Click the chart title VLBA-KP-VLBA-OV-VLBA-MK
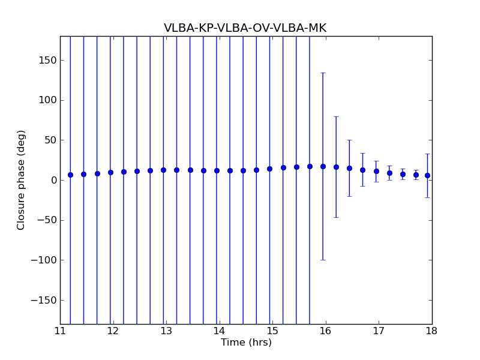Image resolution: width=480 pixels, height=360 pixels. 245,28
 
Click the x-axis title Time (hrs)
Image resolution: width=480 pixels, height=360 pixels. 246,343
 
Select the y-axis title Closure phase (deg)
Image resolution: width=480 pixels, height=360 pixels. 22,180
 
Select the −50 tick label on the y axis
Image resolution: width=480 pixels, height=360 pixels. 47,220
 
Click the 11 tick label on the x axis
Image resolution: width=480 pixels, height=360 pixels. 60,331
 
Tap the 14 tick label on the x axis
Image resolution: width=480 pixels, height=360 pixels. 219,331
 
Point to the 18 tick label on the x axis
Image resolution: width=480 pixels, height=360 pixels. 431,331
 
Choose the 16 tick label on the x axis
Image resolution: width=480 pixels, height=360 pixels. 325,331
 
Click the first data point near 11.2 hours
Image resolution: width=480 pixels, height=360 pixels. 70,175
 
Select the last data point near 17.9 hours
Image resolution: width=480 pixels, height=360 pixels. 427,175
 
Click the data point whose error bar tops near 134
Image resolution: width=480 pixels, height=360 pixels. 323,166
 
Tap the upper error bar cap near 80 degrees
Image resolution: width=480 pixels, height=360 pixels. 336,116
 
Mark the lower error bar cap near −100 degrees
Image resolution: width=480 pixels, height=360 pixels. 323,260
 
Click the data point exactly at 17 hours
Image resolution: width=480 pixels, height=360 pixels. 376,171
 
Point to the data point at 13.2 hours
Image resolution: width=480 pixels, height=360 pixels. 176,170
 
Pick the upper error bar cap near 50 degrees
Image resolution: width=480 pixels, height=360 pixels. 349,140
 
